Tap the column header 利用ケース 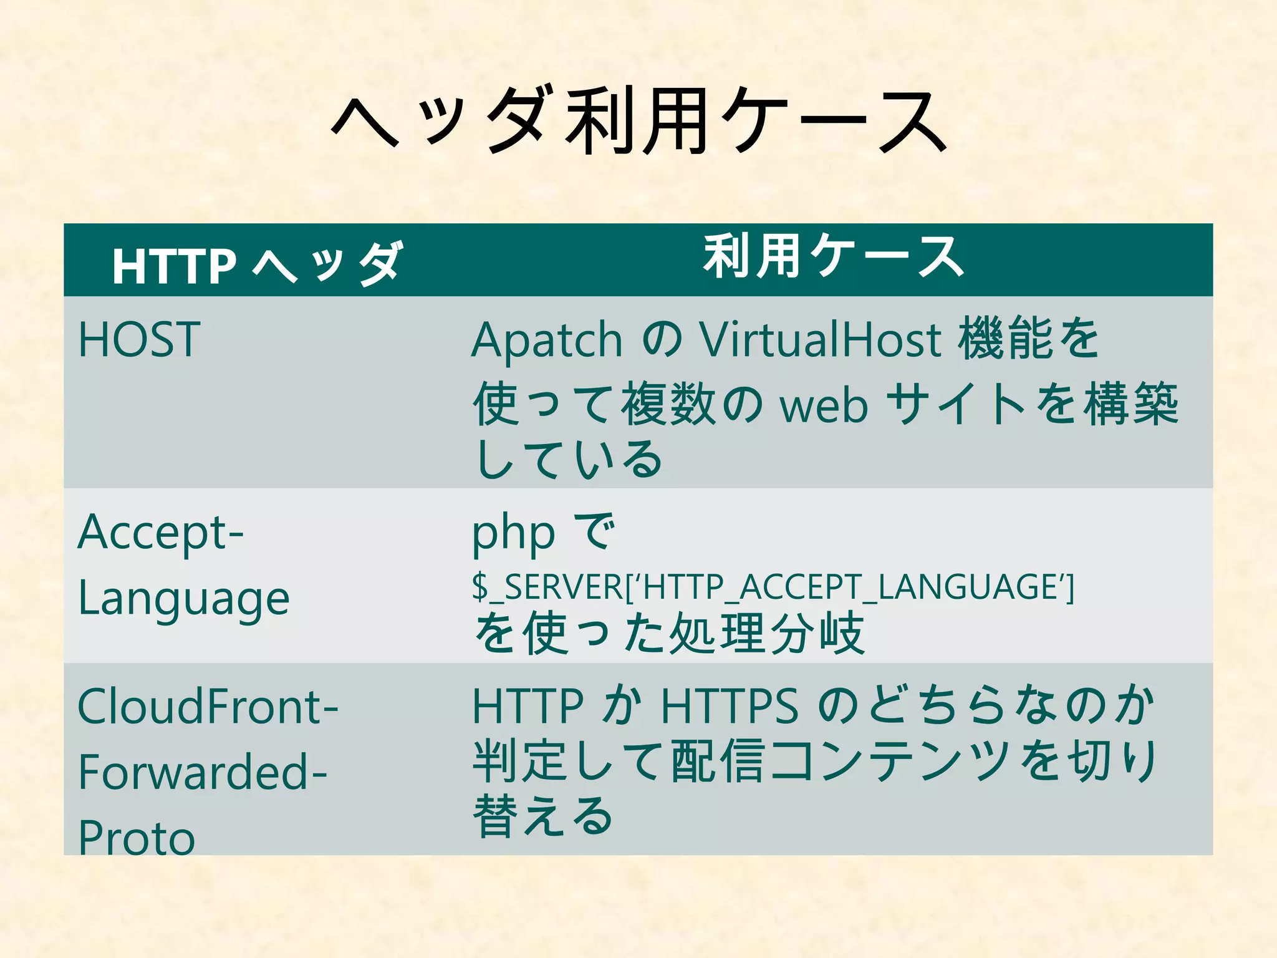pyautogui.click(x=834, y=257)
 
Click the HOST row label pyautogui.click(x=139, y=340)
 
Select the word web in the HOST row pyautogui.click(x=824, y=405)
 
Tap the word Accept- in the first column pyautogui.click(x=161, y=533)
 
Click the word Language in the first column pyautogui.click(x=184, y=599)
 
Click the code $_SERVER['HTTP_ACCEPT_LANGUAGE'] pyautogui.click(x=773, y=587)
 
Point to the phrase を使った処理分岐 pyautogui.click(x=670, y=634)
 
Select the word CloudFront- pyautogui.click(x=208, y=707)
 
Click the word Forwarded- pyautogui.click(x=203, y=772)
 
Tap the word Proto pyautogui.click(x=137, y=837)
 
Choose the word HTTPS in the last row pyautogui.click(x=730, y=707)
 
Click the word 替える pyautogui.click(x=542, y=816)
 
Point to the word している pyautogui.click(x=569, y=460)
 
